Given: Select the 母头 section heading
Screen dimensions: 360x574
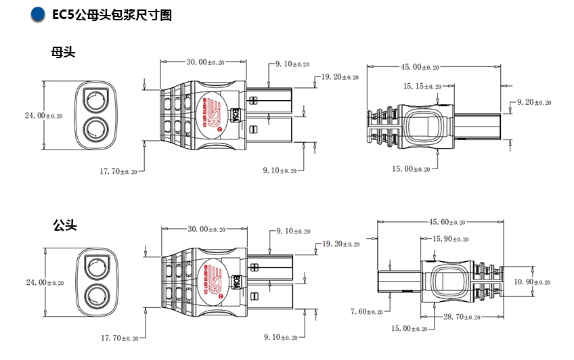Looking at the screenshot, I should [x=63, y=53].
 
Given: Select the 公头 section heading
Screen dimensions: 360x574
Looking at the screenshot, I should [x=64, y=225].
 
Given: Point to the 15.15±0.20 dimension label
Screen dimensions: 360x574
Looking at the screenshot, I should [x=422, y=87].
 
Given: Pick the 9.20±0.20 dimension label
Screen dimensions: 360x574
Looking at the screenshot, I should [x=533, y=102].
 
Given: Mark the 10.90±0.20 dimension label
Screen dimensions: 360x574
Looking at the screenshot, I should [x=533, y=282].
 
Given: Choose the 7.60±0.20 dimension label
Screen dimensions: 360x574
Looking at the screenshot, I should [x=367, y=311].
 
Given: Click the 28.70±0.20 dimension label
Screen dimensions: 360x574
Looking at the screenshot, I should [x=462, y=317].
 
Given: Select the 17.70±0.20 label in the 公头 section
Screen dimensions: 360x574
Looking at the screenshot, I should [x=118, y=337].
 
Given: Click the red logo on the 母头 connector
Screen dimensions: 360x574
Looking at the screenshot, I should [x=215, y=115].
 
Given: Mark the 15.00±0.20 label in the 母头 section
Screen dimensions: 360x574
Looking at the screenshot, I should [x=412, y=168].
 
